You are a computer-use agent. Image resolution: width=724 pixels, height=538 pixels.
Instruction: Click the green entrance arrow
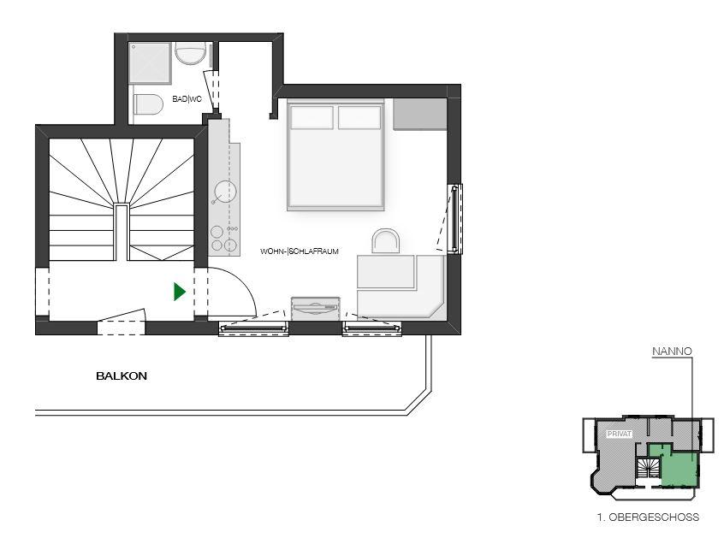179,292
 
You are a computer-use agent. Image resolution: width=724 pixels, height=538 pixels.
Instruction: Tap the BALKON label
122,376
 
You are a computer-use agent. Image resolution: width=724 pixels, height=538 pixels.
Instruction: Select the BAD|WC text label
187,98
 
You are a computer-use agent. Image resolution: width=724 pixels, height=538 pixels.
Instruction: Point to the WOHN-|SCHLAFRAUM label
300,251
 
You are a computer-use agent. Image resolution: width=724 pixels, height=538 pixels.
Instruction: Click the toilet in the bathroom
148,104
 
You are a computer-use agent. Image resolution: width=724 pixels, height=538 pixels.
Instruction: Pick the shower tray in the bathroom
150,62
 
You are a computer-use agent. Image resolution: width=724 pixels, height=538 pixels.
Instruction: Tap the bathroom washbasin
191,53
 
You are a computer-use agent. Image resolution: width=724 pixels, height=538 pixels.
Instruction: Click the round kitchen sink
225,192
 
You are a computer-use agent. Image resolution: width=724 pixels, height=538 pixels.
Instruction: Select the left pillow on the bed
312,118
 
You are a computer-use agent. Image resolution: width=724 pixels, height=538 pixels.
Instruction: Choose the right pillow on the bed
359,118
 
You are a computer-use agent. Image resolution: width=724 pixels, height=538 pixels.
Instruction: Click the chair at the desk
386,241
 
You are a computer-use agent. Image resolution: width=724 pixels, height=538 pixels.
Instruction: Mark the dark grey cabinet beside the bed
419,114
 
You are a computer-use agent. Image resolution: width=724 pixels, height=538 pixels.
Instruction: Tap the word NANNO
672,352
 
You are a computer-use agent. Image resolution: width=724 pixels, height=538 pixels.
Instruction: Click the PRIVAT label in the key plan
620,435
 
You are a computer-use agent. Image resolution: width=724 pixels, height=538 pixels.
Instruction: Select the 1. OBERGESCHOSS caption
648,517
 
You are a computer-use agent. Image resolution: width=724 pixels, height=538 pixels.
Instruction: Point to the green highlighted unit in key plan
678,469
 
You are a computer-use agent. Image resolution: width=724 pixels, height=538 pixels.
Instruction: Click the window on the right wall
454,219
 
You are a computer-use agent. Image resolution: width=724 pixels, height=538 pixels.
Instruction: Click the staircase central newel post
122,232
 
